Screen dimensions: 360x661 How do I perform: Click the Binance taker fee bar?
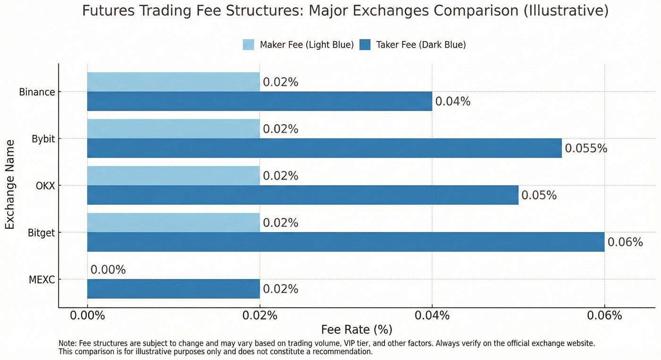260,101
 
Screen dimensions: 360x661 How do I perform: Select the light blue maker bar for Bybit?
173,129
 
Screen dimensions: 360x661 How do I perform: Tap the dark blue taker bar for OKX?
302,195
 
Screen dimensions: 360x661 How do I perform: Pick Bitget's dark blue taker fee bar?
346,242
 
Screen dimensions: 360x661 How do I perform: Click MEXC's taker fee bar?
173,288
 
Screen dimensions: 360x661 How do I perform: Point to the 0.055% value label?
586,149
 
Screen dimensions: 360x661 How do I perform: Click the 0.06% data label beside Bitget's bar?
625,242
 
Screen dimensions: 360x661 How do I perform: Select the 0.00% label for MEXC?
108,270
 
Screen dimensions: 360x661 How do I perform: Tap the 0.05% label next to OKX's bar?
539,195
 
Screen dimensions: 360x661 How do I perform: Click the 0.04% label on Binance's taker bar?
453,101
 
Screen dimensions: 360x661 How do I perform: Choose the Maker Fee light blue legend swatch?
248,45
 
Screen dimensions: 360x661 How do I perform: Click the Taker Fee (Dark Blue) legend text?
421,45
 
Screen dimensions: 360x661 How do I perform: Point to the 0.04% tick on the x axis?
432,315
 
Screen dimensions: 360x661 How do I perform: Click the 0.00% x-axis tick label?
87,315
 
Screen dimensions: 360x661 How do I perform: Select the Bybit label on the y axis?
43,139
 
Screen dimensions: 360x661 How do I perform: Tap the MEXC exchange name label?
42,280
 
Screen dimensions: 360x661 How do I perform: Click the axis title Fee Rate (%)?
356,329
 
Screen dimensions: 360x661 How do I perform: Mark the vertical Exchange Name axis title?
10,184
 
